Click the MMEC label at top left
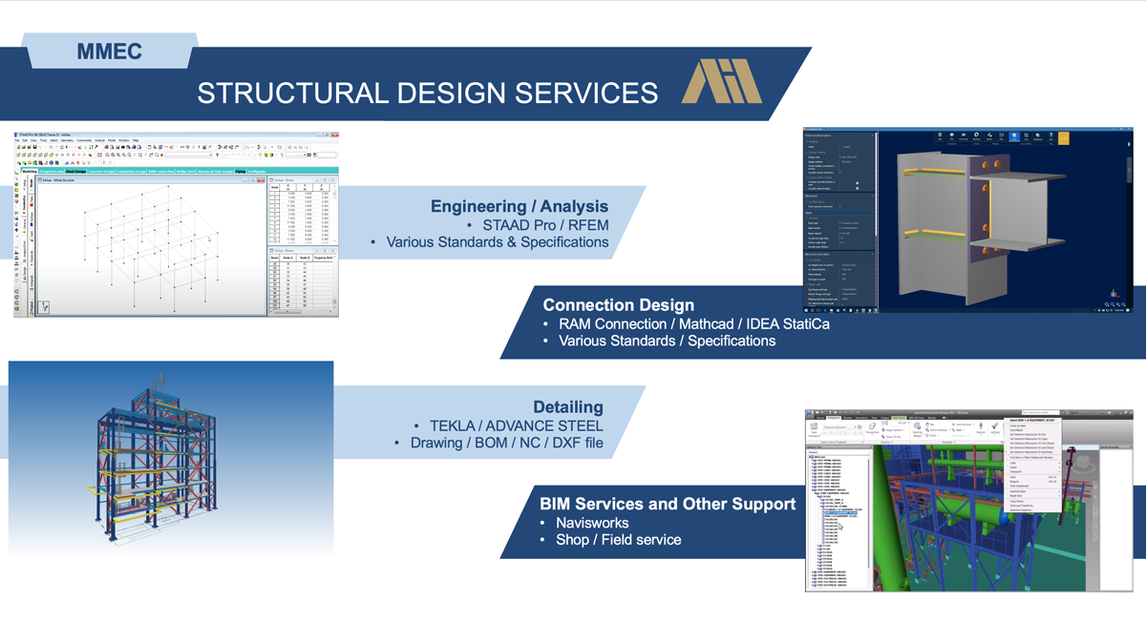[x=110, y=52]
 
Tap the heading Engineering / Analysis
[x=519, y=206]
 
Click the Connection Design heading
[x=618, y=305]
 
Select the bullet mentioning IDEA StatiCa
[x=693, y=323]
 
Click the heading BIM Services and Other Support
[x=667, y=504]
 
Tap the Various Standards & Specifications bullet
[x=497, y=242]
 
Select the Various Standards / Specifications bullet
[x=667, y=341]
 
